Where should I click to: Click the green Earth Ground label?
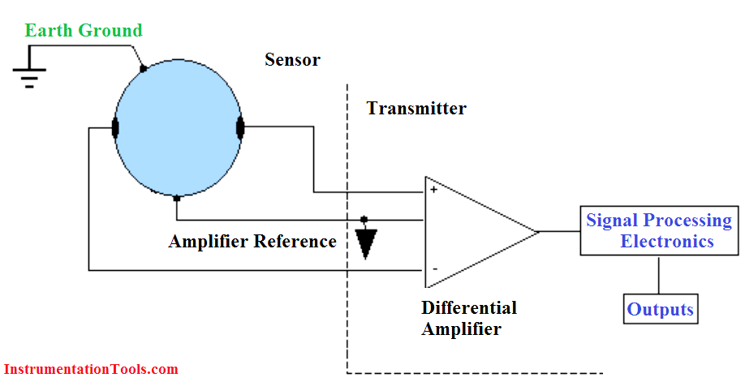point(84,31)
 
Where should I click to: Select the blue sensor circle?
point(178,128)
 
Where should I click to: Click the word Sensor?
point(292,60)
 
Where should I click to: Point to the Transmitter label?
point(416,108)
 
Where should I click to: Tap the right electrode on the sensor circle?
point(240,127)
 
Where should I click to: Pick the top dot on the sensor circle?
point(143,69)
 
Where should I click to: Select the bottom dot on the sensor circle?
point(177,197)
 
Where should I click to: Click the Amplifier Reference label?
point(252,242)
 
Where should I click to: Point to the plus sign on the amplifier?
point(434,190)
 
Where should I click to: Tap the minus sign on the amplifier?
point(435,268)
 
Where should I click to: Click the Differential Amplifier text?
point(468,318)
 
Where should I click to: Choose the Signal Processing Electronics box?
point(658,231)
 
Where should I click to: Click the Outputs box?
point(661,309)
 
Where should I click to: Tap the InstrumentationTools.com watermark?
point(89,369)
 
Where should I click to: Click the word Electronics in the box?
point(667,242)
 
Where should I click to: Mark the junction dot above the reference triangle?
point(364,220)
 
